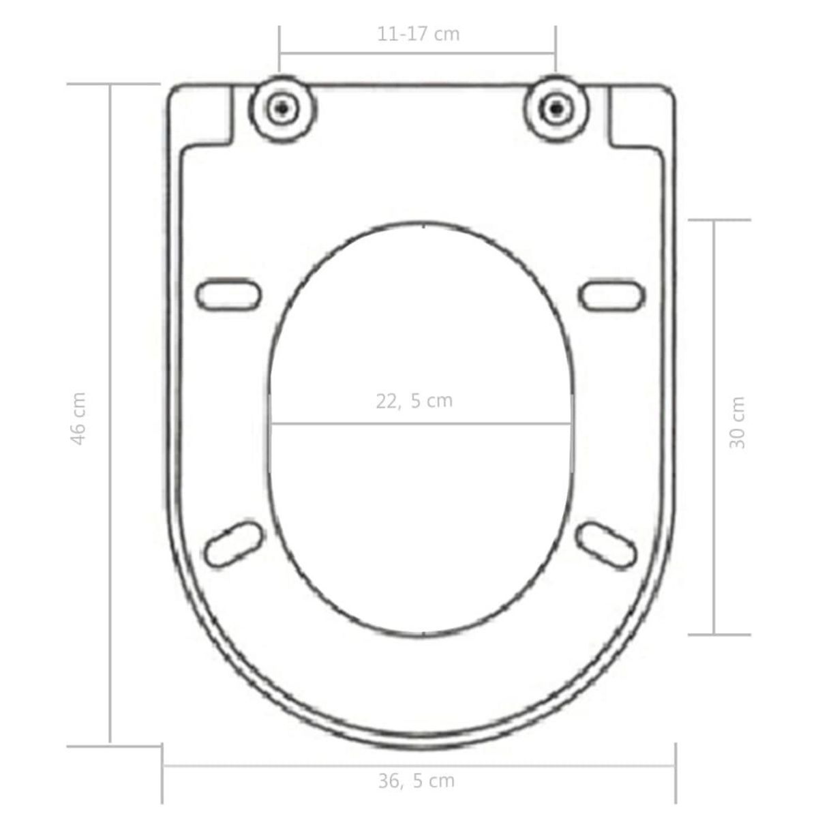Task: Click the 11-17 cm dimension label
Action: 418,34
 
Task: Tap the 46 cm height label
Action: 79,419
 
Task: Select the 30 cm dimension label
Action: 738,423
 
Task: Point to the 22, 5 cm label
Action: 414,401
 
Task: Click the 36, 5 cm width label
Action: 416,781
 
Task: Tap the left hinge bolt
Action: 282,107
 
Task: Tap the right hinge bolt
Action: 556,107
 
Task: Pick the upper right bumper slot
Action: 611,293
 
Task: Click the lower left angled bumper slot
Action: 234,543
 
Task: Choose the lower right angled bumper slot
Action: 606,543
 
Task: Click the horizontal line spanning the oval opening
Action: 420,424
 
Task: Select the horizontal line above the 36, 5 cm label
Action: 419,766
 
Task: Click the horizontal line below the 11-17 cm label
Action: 417,52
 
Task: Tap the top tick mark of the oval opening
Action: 424,224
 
